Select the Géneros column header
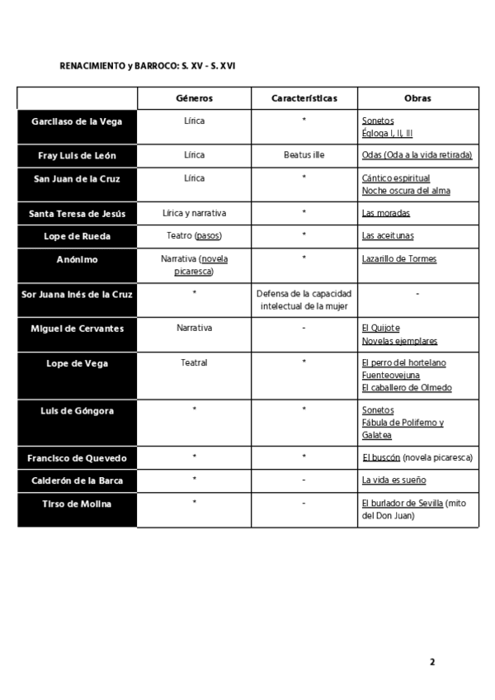(195, 98)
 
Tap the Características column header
(304, 98)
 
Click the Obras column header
(417, 98)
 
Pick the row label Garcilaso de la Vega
(77, 121)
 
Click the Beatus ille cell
(304, 155)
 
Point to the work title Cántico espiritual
(395, 178)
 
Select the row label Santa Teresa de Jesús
(77, 213)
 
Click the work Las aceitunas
(388, 236)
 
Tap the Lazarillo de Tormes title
(399, 259)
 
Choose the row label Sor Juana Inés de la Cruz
(77, 294)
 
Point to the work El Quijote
(380, 329)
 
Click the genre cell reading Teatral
(195, 362)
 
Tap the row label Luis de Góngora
(77, 410)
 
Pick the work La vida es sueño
(394, 480)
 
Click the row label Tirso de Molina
(77, 504)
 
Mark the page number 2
(431, 661)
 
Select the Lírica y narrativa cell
(195, 213)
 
